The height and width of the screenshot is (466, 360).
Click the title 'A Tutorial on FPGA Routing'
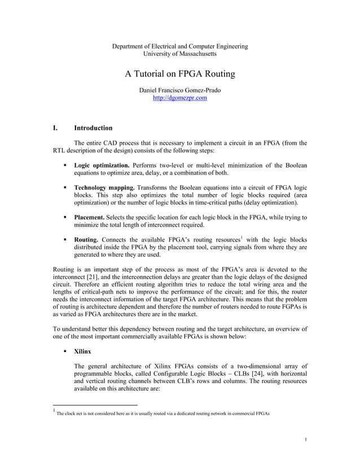point(179,74)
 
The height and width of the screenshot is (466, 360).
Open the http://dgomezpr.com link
point(180,98)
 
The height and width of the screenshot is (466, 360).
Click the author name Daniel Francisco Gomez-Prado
point(180,90)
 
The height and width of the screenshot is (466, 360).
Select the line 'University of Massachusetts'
point(180,54)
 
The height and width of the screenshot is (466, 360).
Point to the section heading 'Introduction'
point(93,128)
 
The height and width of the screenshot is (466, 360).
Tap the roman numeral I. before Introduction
point(55,128)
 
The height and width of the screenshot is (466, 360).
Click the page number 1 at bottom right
point(305,439)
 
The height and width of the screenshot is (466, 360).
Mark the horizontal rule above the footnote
point(95,405)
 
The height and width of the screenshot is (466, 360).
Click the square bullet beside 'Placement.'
point(65,217)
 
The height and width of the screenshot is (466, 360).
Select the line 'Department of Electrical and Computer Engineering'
point(180,46)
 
